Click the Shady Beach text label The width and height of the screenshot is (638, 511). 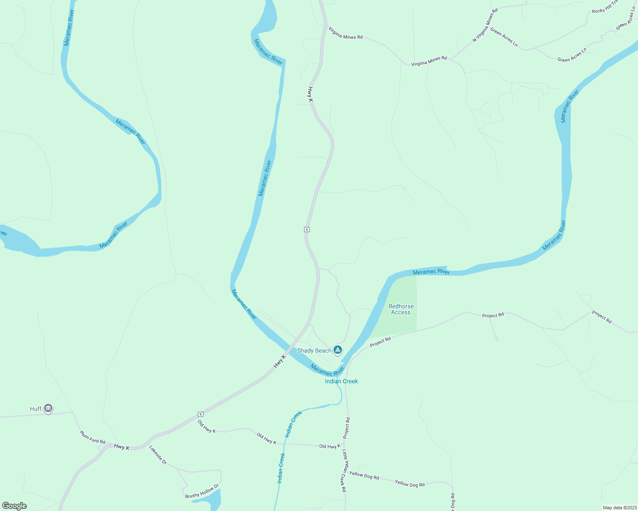tap(314, 350)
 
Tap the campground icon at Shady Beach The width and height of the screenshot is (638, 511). tap(338, 350)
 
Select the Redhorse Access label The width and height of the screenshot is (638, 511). tap(401, 309)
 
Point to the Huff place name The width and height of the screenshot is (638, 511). tap(36, 409)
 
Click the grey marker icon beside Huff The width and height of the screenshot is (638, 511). tap(48, 408)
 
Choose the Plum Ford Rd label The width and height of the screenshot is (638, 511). tap(92, 437)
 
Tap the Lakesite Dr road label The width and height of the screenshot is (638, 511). tap(158, 455)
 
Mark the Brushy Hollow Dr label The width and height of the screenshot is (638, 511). tap(202, 491)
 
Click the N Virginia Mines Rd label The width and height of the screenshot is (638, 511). tap(485, 26)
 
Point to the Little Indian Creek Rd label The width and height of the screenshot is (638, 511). tap(344, 471)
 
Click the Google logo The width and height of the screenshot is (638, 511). tap(14, 506)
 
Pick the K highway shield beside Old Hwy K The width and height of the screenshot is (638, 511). tap(200, 414)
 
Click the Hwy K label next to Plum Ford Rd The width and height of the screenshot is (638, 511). tap(122, 447)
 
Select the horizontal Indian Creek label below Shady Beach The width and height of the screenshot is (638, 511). tap(341, 381)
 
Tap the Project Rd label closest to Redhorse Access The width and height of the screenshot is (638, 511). tap(380, 342)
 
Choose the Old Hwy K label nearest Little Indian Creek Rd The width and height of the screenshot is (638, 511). tap(330, 446)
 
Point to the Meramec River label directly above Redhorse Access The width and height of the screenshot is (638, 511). tap(431, 272)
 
